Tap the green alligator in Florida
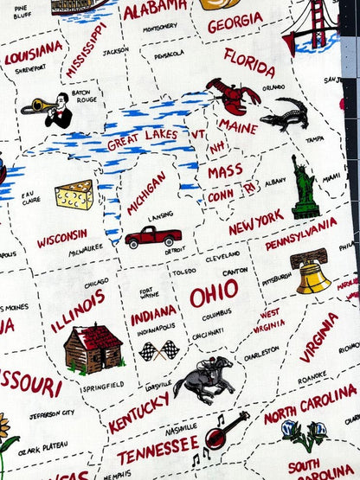286,112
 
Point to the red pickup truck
152,235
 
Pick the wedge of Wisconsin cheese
74,195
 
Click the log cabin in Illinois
92,348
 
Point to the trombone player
51,110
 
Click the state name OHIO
214,295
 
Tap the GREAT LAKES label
143,137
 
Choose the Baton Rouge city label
81,93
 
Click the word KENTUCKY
138,412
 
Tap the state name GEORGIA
235,22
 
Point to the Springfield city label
103,385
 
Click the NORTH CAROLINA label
311,403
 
